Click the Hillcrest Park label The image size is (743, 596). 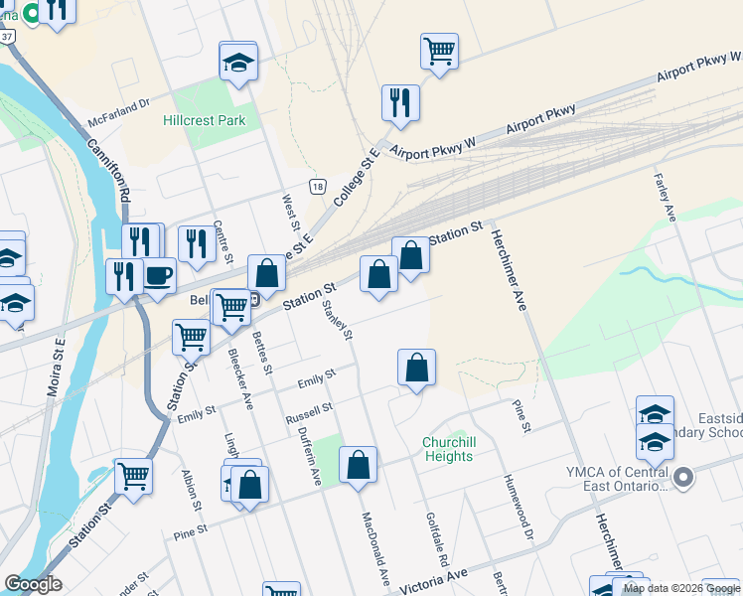tap(204, 120)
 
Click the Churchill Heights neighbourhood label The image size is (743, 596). tap(448, 449)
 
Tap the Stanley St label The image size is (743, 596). tap(338, 313)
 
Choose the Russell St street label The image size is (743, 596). tap(309, 410)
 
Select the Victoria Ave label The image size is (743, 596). tap(430, 581)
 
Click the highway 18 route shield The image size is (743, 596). tap(317, 186)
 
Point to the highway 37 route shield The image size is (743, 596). tap(8, 36)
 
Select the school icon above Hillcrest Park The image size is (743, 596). tap(238, 62)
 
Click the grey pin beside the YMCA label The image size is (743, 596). tap(682, 479)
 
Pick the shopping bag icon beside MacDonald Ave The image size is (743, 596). tap(358, 464)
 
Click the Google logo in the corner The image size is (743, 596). tap(33, 584)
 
